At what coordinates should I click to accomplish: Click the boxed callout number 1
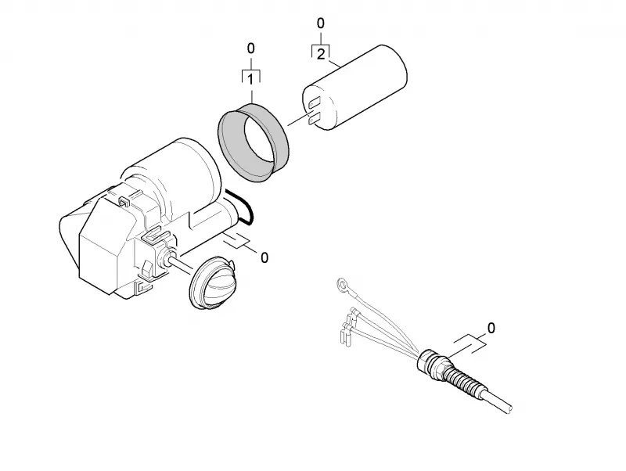(x=250, y=80)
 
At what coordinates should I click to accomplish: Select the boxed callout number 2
(x=321, y=54)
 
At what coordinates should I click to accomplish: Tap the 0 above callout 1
(x=250, y=49)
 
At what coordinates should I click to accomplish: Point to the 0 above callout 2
(x=321, y=24)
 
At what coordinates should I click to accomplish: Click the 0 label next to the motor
(x=264, y=258)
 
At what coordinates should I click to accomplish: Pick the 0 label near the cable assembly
(x=491, y=328)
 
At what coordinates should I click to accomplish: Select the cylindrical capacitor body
(x=355, y=88)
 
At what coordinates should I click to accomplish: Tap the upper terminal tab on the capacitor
(x=315, y=102)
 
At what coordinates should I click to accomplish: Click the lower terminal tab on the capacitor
(x=315, y=118)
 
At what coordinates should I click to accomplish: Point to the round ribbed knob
(x=212, y=282)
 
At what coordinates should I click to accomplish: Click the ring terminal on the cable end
(x=343, y=285)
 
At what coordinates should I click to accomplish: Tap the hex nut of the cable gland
(x=427, y=360)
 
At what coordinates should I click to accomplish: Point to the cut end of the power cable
(x=509, y=408)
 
